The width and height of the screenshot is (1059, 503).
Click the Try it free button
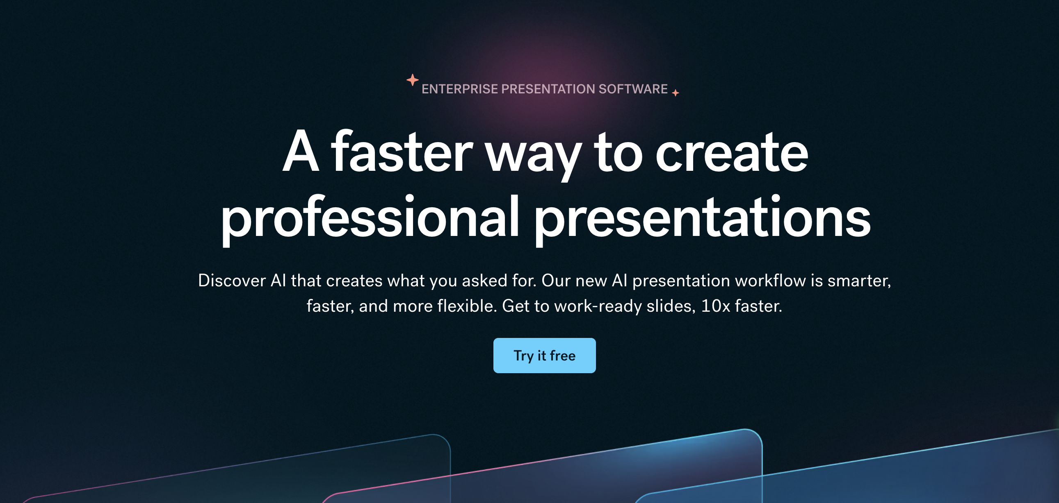tap(544, 356)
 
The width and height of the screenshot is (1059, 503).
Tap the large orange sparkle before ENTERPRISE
tap(412, 79)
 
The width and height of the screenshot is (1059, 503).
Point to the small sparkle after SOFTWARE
tap(676, 93)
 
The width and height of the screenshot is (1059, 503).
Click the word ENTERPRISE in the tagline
tap(460, 89)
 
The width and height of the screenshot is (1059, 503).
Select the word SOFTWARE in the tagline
tap(633, 89)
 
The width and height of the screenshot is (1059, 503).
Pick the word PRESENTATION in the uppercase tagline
tap(548, 89)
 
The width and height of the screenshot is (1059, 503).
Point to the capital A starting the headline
tap(301, 151)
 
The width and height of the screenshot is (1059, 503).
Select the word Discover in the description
tap(232, 281)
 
